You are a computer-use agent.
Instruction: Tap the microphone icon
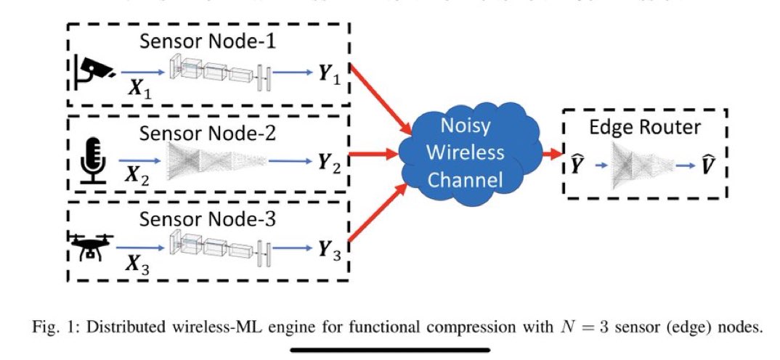pos(92,156)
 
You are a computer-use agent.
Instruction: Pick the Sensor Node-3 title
pos(208,218)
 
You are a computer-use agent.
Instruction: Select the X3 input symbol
pos(137,264)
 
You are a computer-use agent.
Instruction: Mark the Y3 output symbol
pos(328,251)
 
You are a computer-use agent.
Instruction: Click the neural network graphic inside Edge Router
pos(640,166)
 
